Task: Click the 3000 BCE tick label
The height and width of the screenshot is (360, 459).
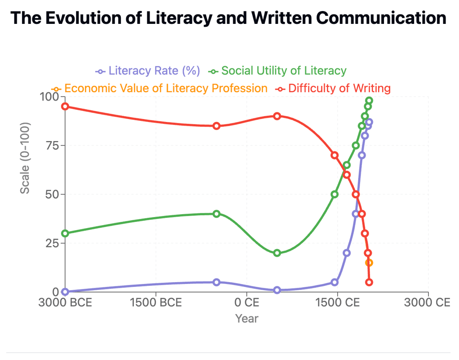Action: [x=65, y=303]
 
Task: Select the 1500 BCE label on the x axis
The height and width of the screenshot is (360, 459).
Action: [x=156, y=303]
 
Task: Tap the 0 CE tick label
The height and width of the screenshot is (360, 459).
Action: [x=247, y=303]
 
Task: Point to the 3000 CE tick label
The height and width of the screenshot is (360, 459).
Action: [x=428, y=303]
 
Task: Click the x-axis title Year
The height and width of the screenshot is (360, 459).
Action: [x=247, y=318]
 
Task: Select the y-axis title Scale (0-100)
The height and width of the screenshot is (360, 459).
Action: [x=25, y=158]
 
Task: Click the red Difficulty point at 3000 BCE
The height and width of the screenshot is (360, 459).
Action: [x=65, y=106]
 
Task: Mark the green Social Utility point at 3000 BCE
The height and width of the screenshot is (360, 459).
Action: [x=65, y=233]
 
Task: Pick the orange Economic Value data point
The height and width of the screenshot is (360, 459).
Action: [x=369, y=262]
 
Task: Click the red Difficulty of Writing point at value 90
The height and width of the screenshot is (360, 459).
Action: [x=277, y=116]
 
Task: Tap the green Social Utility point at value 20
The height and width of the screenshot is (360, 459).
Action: [x=277, y=253]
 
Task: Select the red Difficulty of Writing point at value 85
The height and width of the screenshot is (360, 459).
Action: [x=217, y=126]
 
